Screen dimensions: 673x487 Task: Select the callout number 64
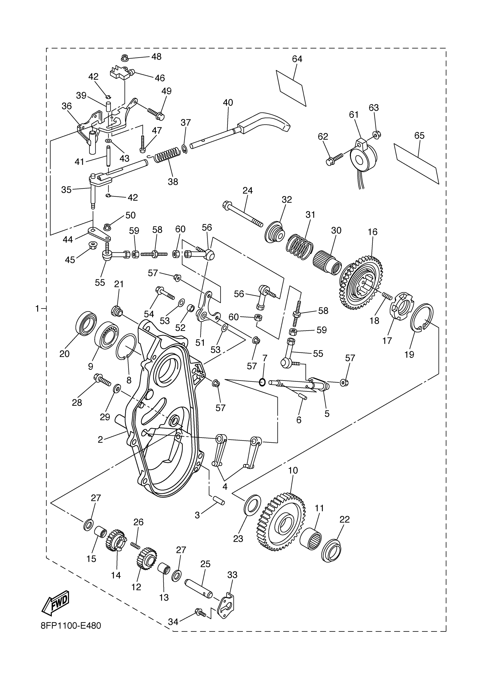[x=297, y=59]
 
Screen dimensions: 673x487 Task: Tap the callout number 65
[x=419, y=136]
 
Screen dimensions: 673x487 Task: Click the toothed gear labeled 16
[x=361, y=282]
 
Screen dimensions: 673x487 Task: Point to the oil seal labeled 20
[x=86, y=323]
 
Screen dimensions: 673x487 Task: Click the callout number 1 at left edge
[x=37, y=309]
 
